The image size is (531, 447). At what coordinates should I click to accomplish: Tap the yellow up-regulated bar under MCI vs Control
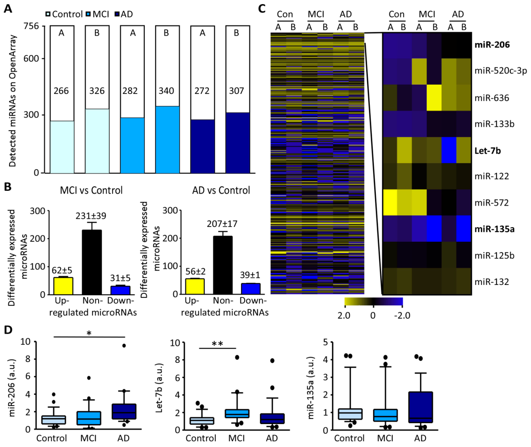coord(63,286)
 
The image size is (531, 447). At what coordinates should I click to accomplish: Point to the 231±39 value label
coord(91,216)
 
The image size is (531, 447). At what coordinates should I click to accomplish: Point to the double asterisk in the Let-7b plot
coord(217,344)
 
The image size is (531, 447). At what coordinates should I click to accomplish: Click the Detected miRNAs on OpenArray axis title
coord(12,101)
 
